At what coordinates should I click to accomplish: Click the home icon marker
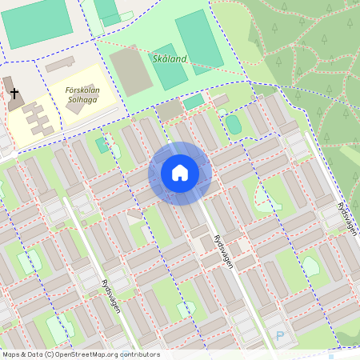pyautogui.click(x=179, y=173)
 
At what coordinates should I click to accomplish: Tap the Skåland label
pyautogui.click(x=169, y=59)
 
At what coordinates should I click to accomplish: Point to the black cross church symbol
pyautogui.click(x=14, y=94)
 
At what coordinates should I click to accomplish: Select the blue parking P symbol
pyautogui.click(x=279, y=336)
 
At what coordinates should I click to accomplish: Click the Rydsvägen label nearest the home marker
pyautogui.click(x=224, y=251)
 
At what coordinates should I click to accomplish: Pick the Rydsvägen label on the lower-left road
pyautogui.click(x=110, y=294)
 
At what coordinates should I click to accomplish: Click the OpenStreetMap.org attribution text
pyautogui.click(x=104, y=354)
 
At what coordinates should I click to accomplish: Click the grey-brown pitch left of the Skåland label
pyautogui.click(x=130, y=72)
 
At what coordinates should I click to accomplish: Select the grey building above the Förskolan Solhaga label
pyautogui.click(x=59, y=64)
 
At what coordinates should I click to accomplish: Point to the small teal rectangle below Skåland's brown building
pyautogui.click(x=193, y=102)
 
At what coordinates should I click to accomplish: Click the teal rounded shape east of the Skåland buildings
pyautogui.click(x=233, y=124)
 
